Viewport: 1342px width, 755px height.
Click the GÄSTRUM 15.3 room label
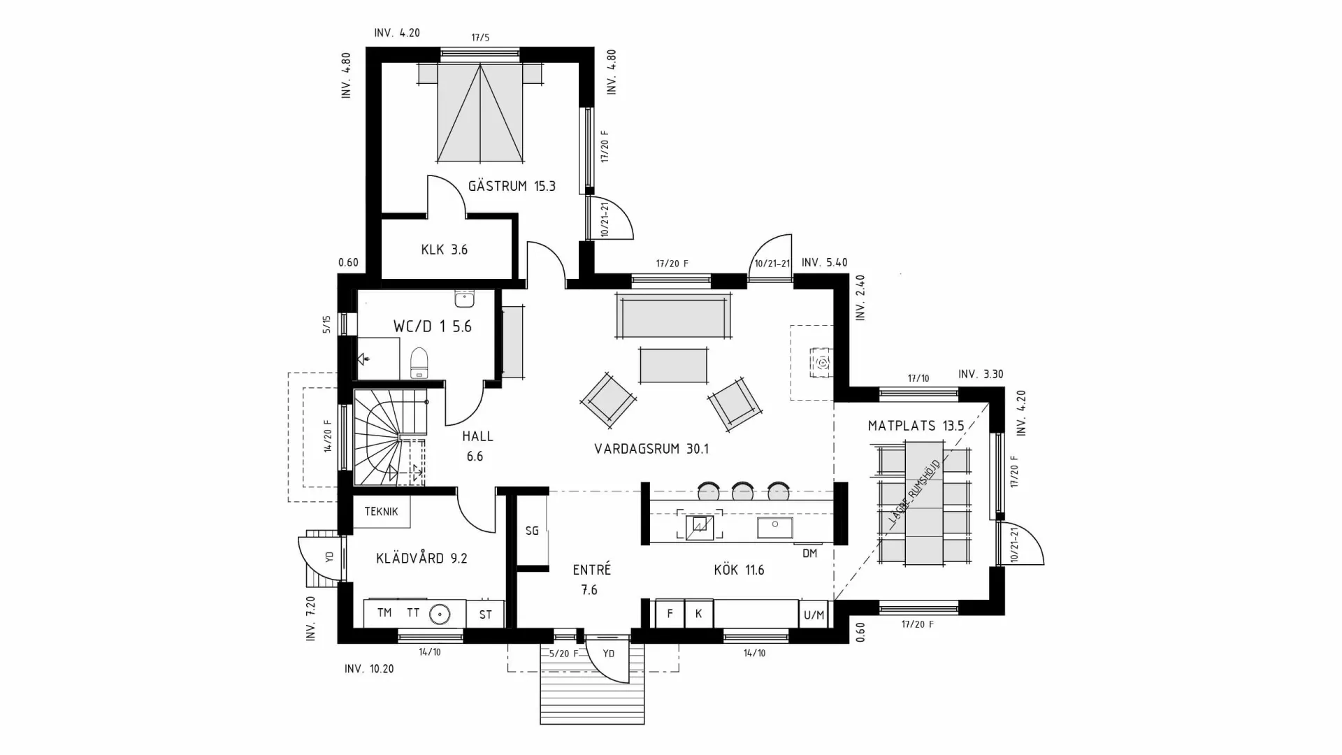pyautogui.click(x=512, y=186)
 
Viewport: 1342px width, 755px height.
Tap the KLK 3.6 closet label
pyautogui.click(x=444, y=250)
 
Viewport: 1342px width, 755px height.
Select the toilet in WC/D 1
pyautogui.click(x=419, y=363)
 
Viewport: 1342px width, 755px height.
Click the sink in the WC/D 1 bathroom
pyautogui.click(x=464, y=299)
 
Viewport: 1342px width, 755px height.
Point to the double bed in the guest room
pyautogui.click(x=480, y=112)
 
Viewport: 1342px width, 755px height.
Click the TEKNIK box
pyautogui.click(x=381, y=512)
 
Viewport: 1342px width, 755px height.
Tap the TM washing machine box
pyautogui.click(x=384, y=613)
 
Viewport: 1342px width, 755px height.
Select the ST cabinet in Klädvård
pyautogui.click(x=485, y=614)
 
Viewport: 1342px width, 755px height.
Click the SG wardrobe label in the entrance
pyautogui.click(x=532, y=531)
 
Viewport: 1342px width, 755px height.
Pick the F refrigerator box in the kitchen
pyautogui.click(x=670, y=614)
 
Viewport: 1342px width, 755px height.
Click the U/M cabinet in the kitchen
pyautogui.click(x=814, y=614)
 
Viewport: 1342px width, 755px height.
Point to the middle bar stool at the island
pyautogui.click(x=742, y=492)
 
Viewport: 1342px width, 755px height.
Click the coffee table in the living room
pyautogui.click(x=674, y=365)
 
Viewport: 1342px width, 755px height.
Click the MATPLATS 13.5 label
pyautogui.click(x=916, y=426)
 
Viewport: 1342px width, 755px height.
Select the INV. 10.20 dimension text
pyautogui.click(x=369, y=669)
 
